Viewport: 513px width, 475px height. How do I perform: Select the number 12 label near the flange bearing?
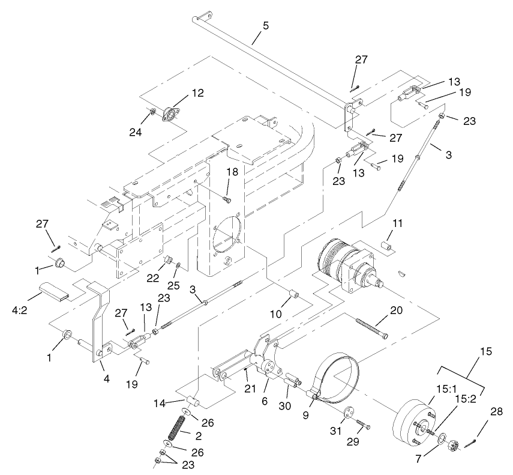click(197, 93)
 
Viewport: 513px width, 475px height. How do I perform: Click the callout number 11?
click(398, 223)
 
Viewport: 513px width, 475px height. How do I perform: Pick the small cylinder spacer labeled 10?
click(295, 297)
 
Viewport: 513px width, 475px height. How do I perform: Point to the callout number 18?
click(232, 172)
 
